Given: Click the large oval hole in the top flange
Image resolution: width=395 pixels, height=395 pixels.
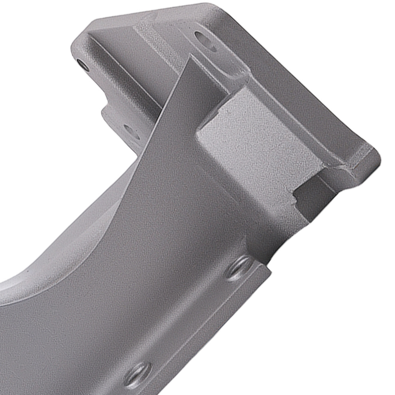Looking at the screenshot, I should pos(206,41).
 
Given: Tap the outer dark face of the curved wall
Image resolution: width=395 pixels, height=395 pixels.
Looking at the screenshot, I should pos(158,237).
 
